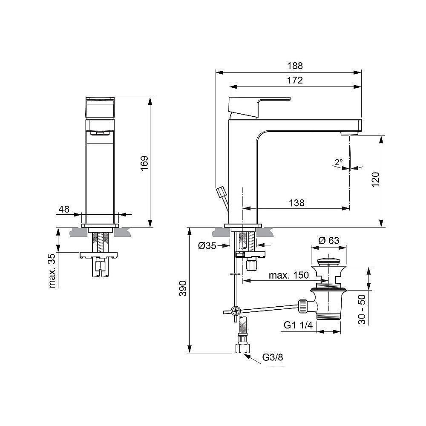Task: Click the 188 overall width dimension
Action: (x=295, y=66)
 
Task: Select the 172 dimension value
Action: (x=295, y=80)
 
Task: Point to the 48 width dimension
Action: (x=64, y=209)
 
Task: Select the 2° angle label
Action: (x=338, y=162)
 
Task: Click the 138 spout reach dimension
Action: (x=296, y=203)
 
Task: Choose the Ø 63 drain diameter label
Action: (x=329, y=240)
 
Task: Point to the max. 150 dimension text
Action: (x=288, y=275)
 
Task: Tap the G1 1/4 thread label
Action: (x=299, y=326)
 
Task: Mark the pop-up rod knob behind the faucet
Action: (x=221, y=192)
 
